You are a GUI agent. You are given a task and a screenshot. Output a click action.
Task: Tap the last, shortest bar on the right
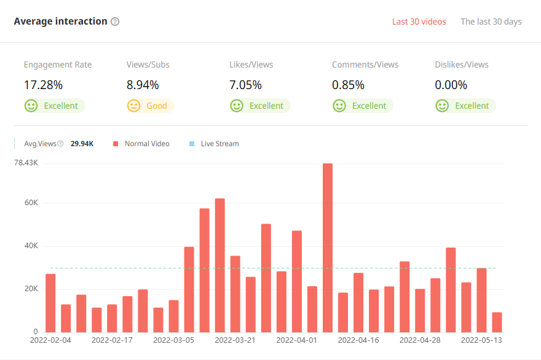[x=497, y=322]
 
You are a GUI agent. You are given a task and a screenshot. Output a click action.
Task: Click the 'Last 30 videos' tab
[x=419, y=22]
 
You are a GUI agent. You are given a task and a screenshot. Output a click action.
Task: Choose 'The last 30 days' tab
[x=491, y=22]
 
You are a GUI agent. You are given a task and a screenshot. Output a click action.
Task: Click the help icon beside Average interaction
[x=115, y=22]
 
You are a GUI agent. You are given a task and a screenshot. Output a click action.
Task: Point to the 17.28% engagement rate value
[x=43, y=85]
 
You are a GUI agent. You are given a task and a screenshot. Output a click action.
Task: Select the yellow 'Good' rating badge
[x=150, y=106]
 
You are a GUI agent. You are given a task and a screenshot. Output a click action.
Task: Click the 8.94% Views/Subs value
[x=143, y=85]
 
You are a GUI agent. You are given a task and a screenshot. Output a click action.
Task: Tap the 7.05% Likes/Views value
[x=245, y=85]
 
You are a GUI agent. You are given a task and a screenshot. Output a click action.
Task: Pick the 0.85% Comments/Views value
[x=348, y=85]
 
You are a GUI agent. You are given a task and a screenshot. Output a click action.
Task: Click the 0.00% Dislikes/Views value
[x=451, y=85]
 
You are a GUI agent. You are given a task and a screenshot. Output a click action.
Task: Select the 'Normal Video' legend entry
[x=141, y=144]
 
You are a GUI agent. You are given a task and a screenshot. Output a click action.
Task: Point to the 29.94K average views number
[x=82, y=144]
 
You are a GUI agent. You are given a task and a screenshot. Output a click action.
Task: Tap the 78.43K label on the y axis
[x=26, y=163]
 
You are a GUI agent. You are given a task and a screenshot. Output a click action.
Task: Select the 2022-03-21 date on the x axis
[x=235, y=339]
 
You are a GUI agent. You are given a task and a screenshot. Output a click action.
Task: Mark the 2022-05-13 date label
[x=481, y=339]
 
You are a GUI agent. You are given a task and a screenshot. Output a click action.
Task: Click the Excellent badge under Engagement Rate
[x=54, y=106]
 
